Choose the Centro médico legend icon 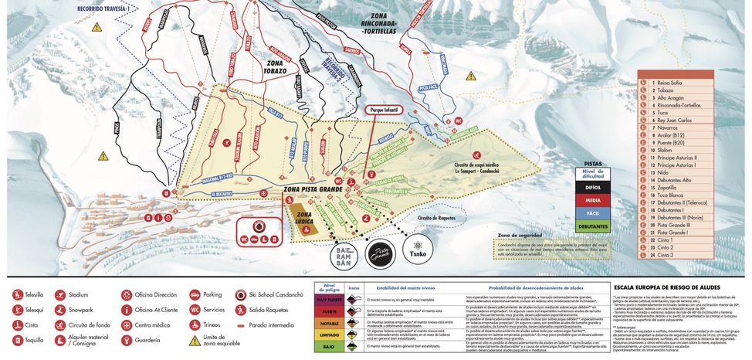[x=127, y=324]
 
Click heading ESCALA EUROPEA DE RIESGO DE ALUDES [x=666, y=285]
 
